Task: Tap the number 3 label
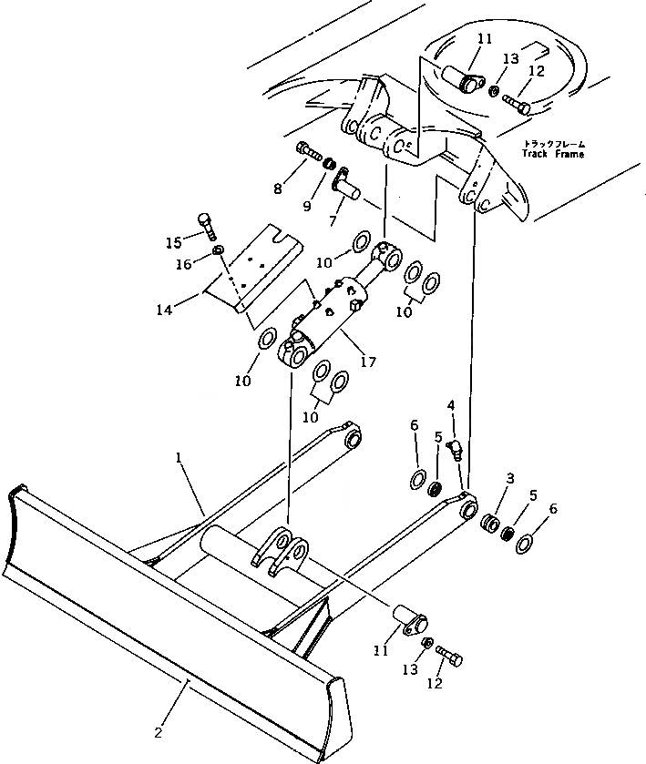click(x=510, y=478)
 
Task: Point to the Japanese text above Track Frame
click(x=554, y=143)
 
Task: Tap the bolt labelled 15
click(x=205, y=221)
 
